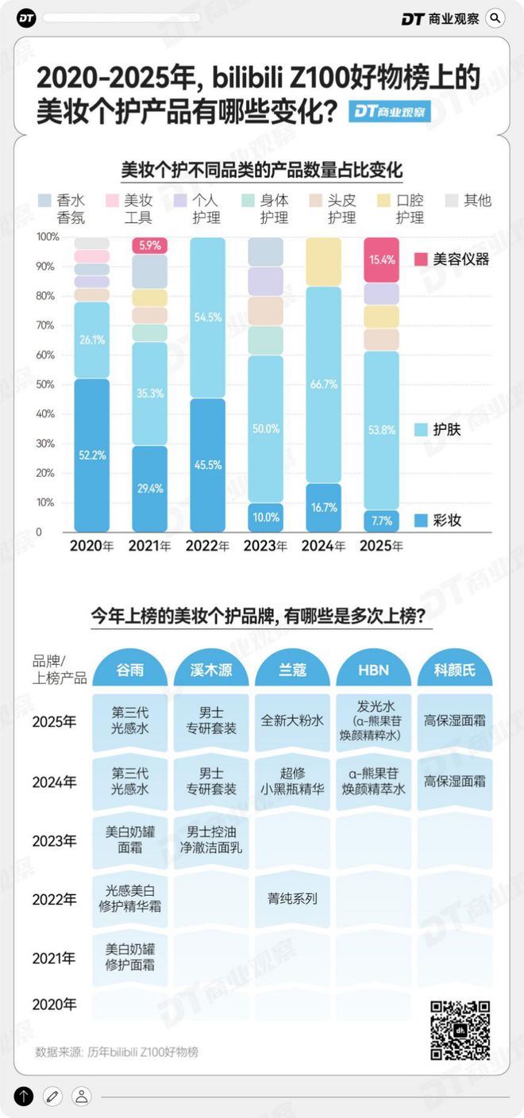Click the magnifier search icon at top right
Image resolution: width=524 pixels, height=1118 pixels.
495,17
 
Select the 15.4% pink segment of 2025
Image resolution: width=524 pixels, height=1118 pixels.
380,259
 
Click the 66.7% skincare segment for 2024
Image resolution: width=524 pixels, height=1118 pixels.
323,384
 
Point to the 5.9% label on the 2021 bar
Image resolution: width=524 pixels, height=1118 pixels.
150,246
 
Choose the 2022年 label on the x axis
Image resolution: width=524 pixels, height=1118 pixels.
207,546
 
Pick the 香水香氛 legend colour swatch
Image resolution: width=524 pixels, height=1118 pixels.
46,201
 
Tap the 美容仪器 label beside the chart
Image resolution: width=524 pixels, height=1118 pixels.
461,259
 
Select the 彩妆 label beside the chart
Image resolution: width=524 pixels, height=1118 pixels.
448,521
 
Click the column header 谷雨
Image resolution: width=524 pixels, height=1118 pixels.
129,670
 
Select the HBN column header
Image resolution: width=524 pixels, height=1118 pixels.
373,670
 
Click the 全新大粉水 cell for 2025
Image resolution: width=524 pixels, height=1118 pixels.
292,722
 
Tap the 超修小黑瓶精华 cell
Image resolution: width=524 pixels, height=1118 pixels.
292,782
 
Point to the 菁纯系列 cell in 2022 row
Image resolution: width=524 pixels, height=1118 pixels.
292,899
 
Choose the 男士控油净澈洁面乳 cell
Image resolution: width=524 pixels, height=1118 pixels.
210,840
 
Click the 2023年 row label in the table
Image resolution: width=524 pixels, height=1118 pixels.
54,840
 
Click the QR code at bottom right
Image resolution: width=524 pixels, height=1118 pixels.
460,1030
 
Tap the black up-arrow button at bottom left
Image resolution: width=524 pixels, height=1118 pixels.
24,1097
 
